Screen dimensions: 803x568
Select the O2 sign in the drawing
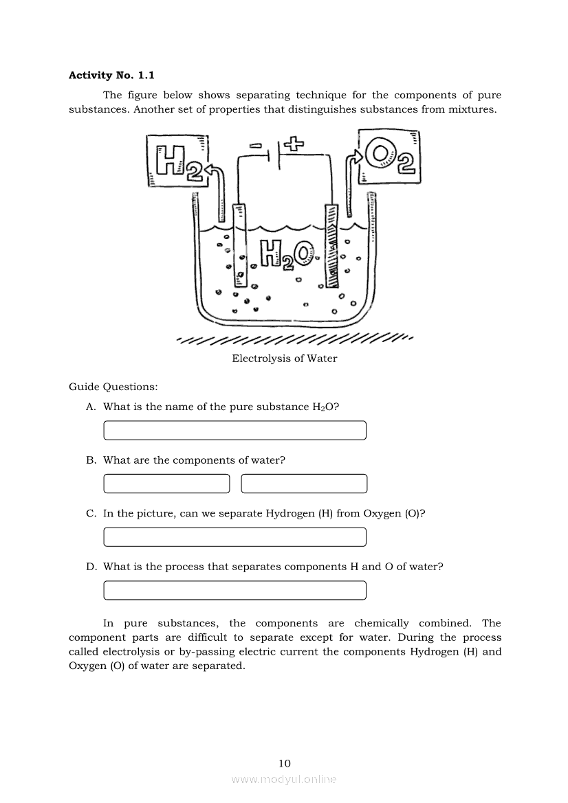(387, 158)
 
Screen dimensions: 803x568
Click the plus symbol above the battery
(294, 144)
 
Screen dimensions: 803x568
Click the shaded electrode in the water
(331, 245)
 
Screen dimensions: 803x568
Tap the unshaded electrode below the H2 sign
(240, 245)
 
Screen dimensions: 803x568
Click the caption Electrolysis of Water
(285, 359)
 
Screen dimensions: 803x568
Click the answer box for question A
(234, 431)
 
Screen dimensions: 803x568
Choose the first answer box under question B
(166, 484)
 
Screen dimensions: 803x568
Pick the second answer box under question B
(304, 484)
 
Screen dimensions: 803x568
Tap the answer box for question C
(234, 537)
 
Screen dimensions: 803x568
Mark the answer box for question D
(234, 591)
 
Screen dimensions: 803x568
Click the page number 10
(285, 763)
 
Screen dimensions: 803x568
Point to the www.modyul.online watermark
(284, 780)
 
